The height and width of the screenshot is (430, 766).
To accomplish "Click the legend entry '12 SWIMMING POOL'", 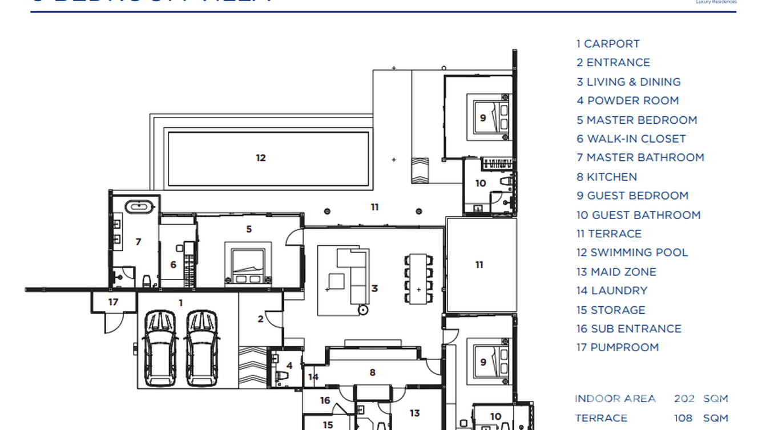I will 632,253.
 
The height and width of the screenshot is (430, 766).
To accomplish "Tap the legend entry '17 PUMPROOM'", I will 617,347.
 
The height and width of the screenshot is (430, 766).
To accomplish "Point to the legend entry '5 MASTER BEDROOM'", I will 636,120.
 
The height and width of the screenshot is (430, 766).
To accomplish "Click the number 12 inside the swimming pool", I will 261,158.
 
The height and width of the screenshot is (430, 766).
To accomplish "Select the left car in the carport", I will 160,347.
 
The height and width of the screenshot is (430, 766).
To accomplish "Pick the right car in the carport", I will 202,347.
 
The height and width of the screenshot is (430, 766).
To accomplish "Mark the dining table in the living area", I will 418,278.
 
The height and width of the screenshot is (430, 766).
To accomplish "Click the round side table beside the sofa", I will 362,310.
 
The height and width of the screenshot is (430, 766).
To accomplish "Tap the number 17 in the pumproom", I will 113,302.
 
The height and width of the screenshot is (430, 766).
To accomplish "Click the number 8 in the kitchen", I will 372,372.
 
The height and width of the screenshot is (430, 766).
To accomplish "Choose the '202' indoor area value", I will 684,399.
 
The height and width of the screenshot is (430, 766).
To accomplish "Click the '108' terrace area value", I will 684,418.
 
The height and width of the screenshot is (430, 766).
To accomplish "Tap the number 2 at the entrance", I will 260,319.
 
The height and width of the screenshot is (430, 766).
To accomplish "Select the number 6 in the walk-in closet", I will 173,265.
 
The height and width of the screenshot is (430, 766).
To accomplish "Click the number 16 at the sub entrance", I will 325,400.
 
